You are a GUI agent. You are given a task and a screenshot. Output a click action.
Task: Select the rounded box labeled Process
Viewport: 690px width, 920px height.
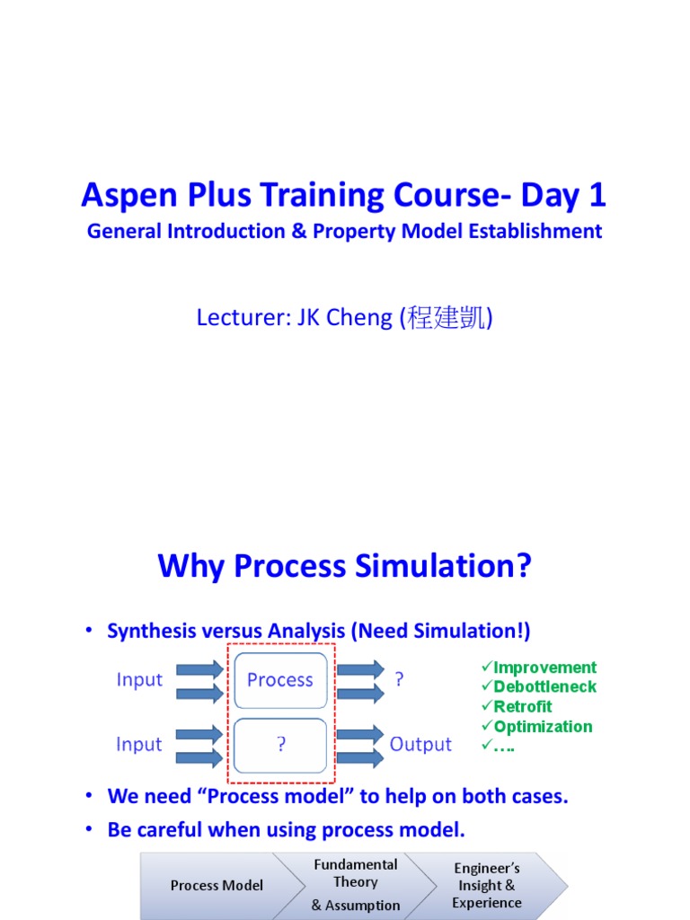(280, 680)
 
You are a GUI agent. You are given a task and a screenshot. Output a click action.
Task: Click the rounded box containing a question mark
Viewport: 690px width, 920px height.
(280, 745)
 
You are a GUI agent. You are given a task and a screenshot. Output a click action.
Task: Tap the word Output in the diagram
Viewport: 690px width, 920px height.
(420, 745)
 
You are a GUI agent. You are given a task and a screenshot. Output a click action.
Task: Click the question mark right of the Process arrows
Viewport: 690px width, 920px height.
(399, 680)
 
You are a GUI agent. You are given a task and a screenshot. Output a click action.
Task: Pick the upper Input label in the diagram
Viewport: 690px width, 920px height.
(139, 680)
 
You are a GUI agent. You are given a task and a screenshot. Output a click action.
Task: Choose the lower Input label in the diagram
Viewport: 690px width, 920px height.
(139, 745)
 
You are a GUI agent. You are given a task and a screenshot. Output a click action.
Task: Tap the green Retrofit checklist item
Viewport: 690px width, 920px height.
(522, 707)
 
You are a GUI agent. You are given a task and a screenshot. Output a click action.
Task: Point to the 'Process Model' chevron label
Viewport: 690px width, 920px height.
(217, 886)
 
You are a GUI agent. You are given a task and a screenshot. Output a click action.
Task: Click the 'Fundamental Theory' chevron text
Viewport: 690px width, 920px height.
(356, 873)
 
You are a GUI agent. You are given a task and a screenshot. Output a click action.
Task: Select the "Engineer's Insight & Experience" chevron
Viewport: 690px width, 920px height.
(486, 886)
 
